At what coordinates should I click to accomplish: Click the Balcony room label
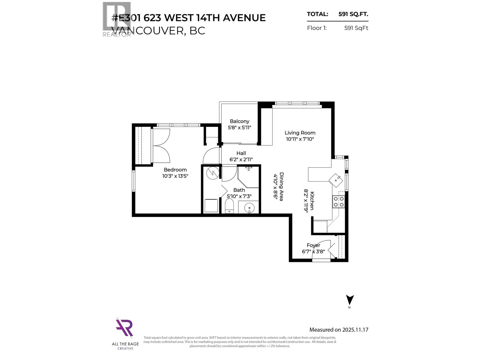click(239, 121)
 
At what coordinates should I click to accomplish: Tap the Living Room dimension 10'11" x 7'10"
click(300, 139)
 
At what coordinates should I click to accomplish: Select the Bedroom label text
click(175, 170)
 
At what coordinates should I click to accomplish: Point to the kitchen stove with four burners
click(338, 202)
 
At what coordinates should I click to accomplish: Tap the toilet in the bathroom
click(229, 206)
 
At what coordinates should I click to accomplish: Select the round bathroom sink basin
click(249, 207)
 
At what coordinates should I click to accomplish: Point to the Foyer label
click(313, 245)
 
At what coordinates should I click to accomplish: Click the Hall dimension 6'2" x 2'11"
click(241, 160)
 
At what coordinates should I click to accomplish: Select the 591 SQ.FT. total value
click(353, 14)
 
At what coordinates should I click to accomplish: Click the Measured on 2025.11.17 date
click(339, 330)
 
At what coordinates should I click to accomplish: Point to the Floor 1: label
click(317, 28)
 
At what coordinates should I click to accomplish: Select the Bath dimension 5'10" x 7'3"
click(239, 196)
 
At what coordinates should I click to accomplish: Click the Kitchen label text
click(312, 201)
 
